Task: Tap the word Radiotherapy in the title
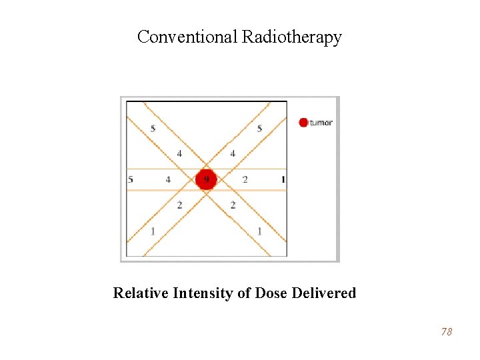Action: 291,37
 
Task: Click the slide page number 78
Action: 446,331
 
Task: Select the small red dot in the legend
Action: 303,122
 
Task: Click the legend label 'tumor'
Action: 321,123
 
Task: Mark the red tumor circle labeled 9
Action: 206,179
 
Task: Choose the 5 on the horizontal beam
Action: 131,179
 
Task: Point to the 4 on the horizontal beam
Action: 168,179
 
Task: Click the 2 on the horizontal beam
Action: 245,179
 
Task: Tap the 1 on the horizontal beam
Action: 283,179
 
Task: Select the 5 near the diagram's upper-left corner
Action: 153,128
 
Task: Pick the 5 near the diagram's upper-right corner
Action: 259,128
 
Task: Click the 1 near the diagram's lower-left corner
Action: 153,231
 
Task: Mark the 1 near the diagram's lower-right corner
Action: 259,231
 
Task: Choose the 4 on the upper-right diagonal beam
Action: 233,154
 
